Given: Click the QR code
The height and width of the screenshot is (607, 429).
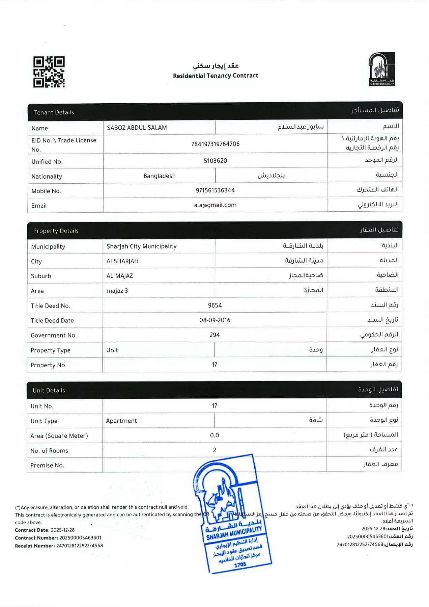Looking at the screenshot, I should coord(49,72).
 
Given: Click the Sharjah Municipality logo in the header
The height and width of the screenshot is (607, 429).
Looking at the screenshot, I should coord(381,69).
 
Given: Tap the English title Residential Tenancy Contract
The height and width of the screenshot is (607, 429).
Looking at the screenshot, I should coord(216,76).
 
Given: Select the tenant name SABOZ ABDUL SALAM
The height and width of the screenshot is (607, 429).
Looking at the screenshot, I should coord(137,128).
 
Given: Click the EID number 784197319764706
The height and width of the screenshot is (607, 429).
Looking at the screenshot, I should coord(215,144).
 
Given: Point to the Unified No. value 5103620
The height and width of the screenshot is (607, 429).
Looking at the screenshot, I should coord(215,161).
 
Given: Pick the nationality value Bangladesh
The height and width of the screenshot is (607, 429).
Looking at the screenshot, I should coord(159,176).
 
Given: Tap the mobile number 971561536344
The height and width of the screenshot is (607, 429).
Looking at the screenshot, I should coord(215,190).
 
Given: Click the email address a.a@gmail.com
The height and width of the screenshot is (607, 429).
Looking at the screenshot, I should coord(215,205).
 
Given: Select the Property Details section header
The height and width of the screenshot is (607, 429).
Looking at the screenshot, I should coord(214,230).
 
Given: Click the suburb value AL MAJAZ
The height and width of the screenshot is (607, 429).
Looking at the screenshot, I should coord(120,276).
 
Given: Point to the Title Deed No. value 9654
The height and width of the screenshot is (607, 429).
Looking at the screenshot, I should coord(215,305).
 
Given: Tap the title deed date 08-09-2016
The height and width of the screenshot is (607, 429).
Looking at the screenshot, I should coord(215,320).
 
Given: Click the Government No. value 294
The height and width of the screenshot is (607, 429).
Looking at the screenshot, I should coord(214,335).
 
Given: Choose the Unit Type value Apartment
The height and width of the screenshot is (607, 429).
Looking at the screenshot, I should coord(121,421).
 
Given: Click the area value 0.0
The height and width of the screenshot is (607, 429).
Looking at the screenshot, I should coord(214,435).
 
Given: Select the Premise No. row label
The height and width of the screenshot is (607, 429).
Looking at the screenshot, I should coord(47,465).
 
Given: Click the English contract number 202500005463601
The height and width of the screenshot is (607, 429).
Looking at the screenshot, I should coord(80,538).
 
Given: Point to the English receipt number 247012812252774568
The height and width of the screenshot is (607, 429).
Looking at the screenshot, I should coord(80,546).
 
